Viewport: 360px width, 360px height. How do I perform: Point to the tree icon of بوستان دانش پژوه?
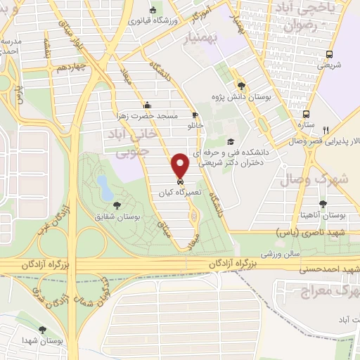click(x=242, y=83)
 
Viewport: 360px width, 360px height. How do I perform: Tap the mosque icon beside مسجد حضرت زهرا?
click(x=146, y=105)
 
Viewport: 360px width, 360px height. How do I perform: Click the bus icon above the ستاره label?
click(x=305, y=114)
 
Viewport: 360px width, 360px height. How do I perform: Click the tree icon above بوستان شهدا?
click(x=44, y=329)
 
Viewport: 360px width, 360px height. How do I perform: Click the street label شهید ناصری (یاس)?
click(x=316, y=231)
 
